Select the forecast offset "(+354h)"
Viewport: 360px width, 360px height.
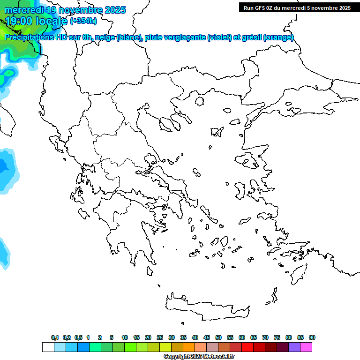click(x=83, y=21)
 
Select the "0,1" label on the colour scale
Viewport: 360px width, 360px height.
click(x=54, y=337)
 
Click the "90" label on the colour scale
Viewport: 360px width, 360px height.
click(x=312, y=337)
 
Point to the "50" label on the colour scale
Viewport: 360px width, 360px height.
click(x=218, y=337)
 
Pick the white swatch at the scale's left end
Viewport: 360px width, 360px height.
click(x=48, y=347)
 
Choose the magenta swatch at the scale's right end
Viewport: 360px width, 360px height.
click(x=306, y=347)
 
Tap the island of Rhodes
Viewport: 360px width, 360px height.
click(x=298, y=274)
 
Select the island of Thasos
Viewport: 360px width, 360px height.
click(x=199, y=101)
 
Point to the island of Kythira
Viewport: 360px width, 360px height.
click(x=150, y=271)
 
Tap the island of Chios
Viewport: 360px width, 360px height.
click(x=240, y=190)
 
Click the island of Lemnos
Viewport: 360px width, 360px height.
click(x=217, y=132)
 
